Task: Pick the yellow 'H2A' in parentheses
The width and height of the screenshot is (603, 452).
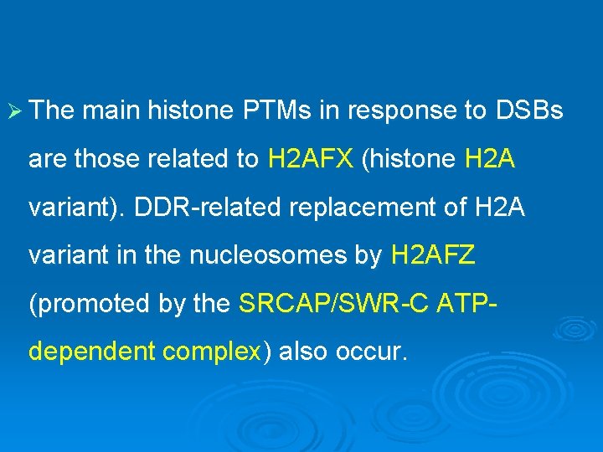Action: click(x=489, y=158)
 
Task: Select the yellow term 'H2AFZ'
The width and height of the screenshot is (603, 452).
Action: click(x=432, y=255)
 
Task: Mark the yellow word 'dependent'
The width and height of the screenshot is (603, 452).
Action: click(x=92, y=352)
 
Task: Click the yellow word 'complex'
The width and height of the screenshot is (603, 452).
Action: click(x=213, y=352)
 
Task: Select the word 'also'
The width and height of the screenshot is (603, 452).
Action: click(x=303, y=352)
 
